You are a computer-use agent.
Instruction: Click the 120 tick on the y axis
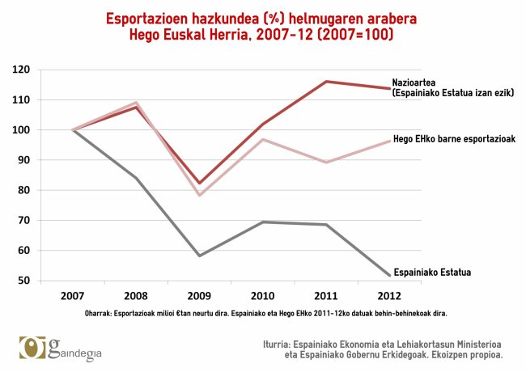pyautogui.click(x=23, y=70)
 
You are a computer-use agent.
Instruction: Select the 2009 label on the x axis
pyautogui.click(x=199, y=294)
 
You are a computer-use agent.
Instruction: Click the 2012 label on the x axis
pyautogui.click(x=390, y=294)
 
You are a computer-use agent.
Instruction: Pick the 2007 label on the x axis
pyautogui.click(x=72, y=294)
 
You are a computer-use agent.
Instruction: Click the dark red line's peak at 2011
pyautogui.click(x=327, y=82)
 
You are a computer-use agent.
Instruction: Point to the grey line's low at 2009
pyautogui.click(x=199, y=256)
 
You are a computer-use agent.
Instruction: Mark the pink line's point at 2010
pyautogui.click(x=263, y=140)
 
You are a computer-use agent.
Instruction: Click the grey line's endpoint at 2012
pyautogui.click(x=390, y=276)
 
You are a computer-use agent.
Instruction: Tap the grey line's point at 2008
pyautogui.click(x=136, y=178)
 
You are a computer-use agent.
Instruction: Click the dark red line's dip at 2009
pyautogui.click(x=199, y=184)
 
